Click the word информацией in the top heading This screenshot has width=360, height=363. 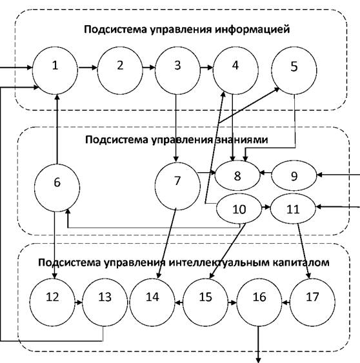tap(252, 30)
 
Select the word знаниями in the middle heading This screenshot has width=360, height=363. tap(242, 140)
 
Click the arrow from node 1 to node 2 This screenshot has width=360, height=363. tap(88, 68)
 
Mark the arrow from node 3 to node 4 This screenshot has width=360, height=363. tap(206, 68)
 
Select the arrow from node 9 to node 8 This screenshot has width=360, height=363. tap(266, 173)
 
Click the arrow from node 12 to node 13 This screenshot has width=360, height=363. tap(79, 302)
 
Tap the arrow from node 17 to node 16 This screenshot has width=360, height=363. tap(286, 302)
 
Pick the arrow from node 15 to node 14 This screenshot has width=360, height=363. tap(179, 302)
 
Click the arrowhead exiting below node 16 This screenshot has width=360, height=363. tap(259, 360)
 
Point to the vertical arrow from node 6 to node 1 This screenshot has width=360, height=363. tap(57, 129)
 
